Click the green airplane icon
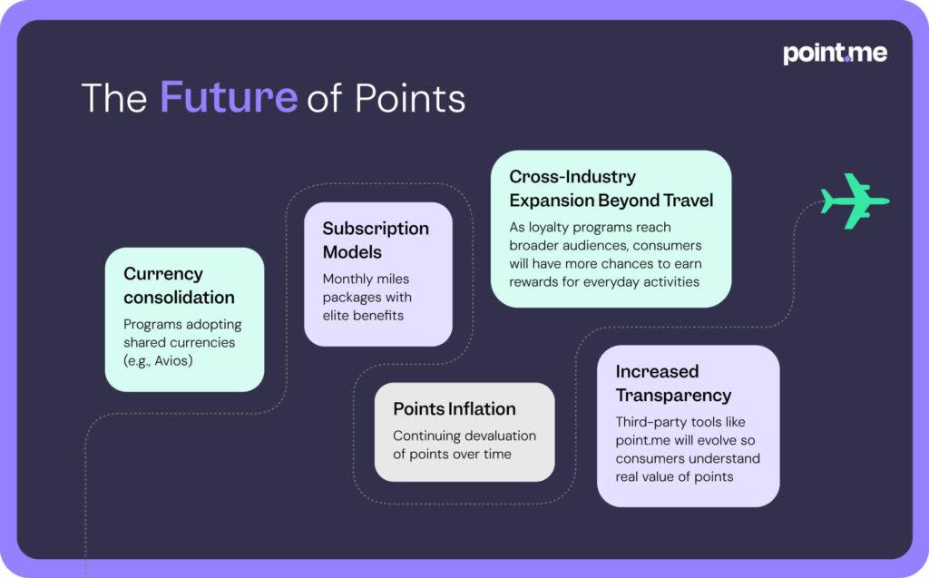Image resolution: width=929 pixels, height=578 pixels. tap(854, 201)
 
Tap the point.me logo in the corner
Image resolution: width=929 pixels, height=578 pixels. tap(835, 53)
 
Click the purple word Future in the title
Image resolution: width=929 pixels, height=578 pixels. tap(229, 97)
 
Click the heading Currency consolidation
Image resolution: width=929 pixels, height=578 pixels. tap(179, 285)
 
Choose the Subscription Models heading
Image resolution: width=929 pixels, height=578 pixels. tap(376, 240)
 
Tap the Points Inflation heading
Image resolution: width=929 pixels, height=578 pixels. tap(455, 409)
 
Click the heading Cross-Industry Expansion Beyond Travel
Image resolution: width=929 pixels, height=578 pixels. tap(611, 188)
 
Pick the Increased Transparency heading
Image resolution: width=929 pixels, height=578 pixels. tap(673, 383)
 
